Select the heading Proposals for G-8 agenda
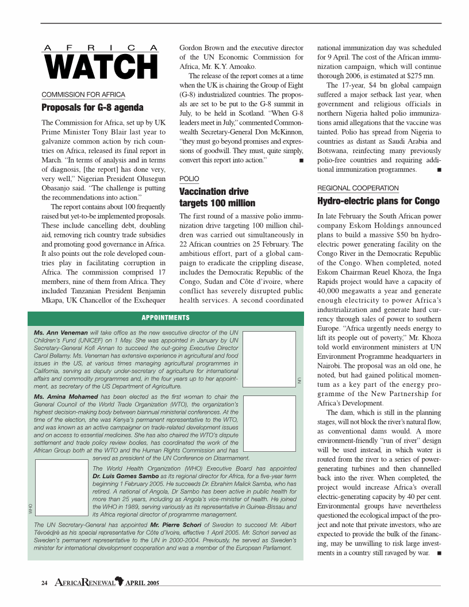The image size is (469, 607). pos(93,107)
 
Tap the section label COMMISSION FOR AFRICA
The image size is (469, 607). pos(83,94)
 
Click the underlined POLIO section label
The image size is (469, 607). pos(189,179)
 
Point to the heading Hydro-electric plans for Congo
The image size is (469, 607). pos(378,201)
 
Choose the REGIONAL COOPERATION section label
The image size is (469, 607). pos(357,188)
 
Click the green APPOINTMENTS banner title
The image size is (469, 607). pos(166,318)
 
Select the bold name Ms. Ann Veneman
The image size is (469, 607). pos(61,333)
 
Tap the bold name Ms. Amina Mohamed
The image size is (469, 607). pos(66,397)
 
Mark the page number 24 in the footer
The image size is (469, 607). pos(44,583)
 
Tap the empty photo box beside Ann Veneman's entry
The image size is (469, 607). pos(269,359)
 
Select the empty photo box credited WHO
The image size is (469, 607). pos(61,487)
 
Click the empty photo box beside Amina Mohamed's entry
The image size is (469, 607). pos(269,423)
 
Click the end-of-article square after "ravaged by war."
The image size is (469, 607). pos(439,553)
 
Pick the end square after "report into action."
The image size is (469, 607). pos(301,160)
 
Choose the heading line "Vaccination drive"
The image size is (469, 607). pos(214,191)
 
